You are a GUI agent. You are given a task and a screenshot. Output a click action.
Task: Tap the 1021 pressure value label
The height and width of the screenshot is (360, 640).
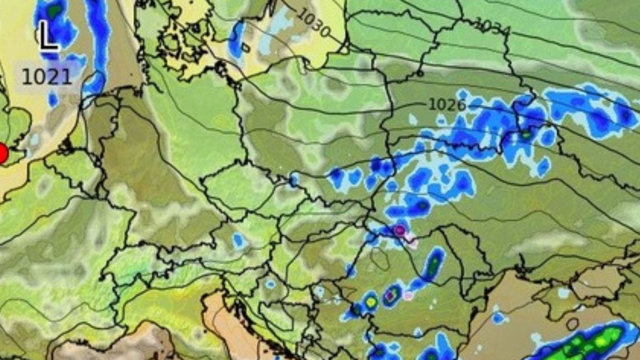click(x=46, y=77)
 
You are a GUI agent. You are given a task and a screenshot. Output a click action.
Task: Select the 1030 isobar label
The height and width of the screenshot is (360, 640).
click(x=314, y=23)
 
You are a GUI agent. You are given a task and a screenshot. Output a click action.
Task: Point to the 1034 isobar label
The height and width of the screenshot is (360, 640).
click(x=492, y=26)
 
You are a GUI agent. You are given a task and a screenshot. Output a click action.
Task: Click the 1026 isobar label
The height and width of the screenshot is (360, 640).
click(x=447, y=105)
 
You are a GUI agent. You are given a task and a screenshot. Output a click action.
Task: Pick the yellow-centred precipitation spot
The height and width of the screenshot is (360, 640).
click(x=371, y=302)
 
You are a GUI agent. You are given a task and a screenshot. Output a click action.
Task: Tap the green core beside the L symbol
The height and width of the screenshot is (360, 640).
click(x=54, y=10)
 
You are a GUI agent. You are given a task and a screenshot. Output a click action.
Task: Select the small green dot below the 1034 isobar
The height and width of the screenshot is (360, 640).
click(x=526, y=135)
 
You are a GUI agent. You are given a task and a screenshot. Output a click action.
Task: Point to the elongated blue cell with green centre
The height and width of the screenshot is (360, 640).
click(x=434, y=264)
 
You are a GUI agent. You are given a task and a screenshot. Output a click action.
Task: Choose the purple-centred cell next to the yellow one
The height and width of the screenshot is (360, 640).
click(x=391, y=295)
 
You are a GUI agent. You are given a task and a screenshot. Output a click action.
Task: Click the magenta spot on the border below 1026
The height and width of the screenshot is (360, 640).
click(x=399, y=230)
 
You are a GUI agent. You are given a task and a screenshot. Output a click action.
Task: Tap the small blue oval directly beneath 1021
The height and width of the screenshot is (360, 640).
click(x=53, y=99)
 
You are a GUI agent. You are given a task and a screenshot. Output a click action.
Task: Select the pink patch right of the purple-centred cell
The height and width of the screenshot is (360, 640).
click(x=409, y=295)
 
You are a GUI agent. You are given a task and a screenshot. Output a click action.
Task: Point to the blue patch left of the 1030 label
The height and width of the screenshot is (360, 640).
click(x=236, y=39)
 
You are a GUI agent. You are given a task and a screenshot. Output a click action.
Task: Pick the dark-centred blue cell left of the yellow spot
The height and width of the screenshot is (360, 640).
click(x=356, y=309)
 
